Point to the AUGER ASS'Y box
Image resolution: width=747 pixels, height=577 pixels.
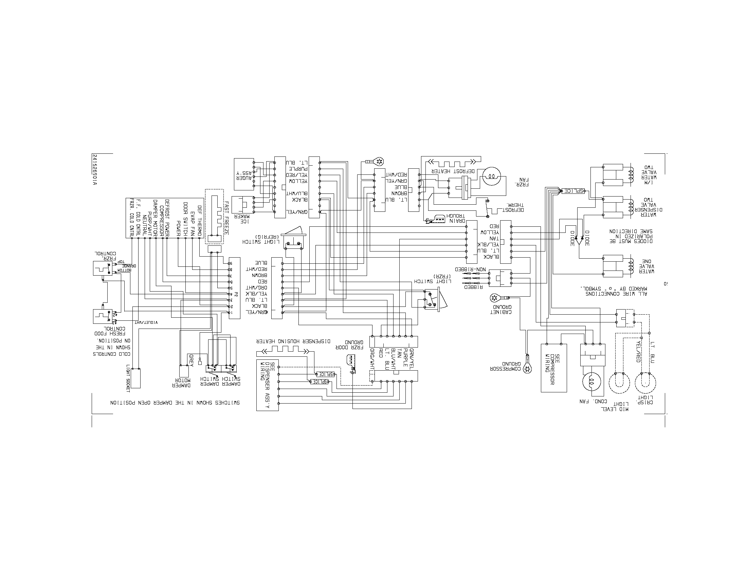click(244, 174)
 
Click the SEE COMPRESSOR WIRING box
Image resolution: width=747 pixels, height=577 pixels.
click(553, 368)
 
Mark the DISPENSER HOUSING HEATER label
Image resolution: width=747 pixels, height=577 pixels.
click(293, 341)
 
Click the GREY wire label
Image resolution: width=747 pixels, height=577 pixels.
click(191, 360)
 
